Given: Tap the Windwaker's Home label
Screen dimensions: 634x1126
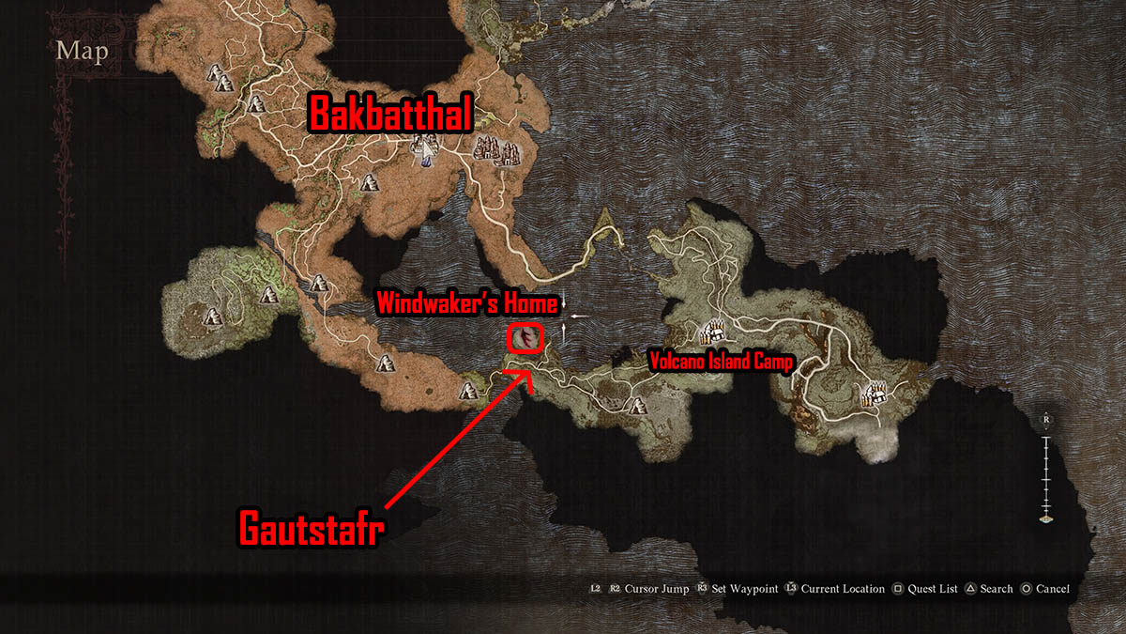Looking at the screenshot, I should [467, 302].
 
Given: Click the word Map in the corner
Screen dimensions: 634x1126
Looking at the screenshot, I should [82, 50].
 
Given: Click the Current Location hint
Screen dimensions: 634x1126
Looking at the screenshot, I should [843, 589].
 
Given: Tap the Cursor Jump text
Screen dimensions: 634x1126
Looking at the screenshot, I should [648, 589].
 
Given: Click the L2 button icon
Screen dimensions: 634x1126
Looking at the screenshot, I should [595, 589].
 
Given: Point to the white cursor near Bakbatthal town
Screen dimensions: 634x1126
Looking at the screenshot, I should [427, 148].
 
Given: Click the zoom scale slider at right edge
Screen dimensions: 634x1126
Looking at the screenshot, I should [1047, 470].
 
